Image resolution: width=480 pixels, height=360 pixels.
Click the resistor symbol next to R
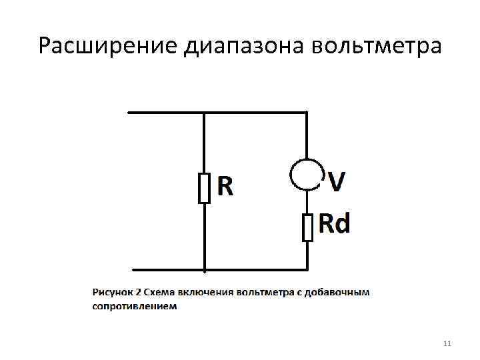pos(204,187)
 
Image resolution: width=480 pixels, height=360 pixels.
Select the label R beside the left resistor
pos(225,187)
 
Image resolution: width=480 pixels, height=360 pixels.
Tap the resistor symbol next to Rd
pos(307,227)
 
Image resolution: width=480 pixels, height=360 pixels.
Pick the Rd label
pos(334,224)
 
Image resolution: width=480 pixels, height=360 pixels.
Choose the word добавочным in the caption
pos(343,292)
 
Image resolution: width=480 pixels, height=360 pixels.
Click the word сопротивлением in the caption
pos(135,307)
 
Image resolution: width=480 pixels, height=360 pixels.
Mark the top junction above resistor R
pos(204,112)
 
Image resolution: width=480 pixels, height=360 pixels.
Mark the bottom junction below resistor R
pos(204,270)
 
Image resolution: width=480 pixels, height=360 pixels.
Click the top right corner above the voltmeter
pos(307,112)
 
